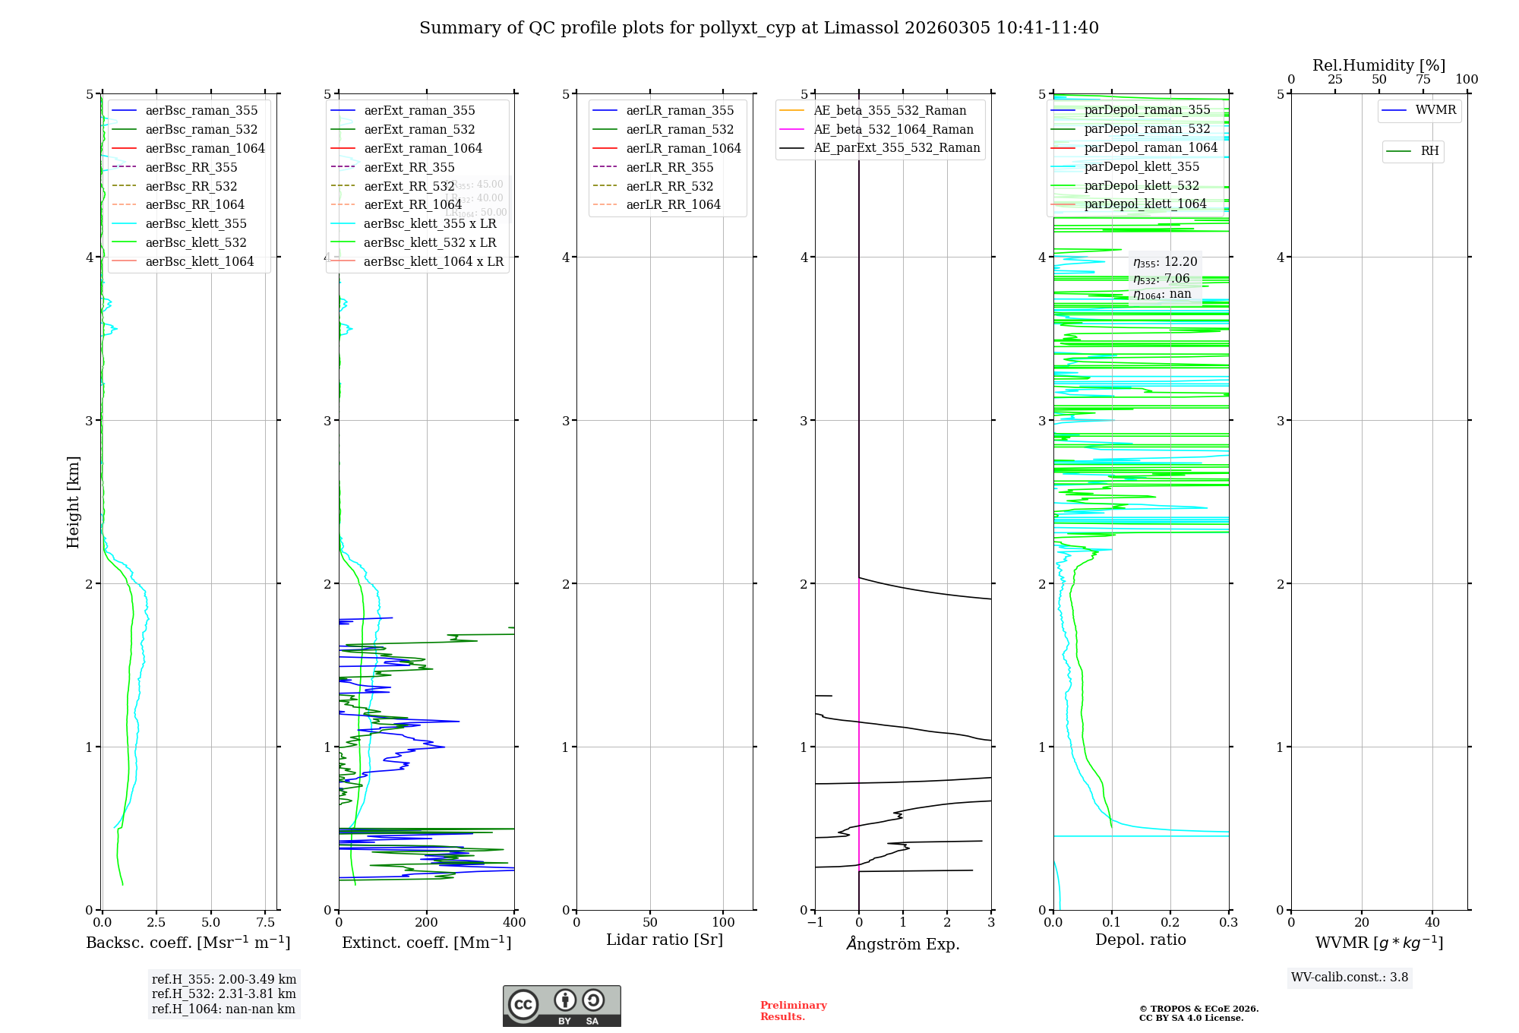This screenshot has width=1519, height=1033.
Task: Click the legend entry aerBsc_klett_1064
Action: point(200,261)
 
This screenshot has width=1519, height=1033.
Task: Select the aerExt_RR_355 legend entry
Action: point(409,167)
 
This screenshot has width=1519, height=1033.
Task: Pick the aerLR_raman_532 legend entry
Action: point(680,129)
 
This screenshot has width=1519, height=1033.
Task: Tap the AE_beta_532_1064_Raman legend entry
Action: point(893,129)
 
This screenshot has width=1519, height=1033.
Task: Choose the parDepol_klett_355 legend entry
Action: point(1142,166)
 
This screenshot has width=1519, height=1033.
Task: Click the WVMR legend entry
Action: point(1435,110)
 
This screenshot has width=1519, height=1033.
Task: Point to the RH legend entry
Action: point(1429,151)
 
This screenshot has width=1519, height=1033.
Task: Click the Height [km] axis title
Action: point(73,502)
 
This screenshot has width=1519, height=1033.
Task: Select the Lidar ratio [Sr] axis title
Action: point(665,940)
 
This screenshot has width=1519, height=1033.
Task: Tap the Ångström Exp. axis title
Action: point(903,943)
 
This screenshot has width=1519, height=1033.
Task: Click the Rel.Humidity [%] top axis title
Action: point(1378,65)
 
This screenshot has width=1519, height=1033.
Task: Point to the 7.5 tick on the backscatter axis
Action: point(265,922)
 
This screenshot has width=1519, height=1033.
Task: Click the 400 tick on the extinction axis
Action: point(514,922)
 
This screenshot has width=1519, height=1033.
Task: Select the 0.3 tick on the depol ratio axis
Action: point(1228,922)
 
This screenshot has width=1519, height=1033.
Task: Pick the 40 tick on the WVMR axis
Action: point(1432,922)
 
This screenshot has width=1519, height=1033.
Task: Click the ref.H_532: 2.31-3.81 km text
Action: point(223,994)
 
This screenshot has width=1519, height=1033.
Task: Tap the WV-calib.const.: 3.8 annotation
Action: point(1350,977)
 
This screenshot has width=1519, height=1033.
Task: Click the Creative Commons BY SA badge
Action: point(561,1006)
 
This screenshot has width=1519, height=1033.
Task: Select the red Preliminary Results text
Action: point(793,1010)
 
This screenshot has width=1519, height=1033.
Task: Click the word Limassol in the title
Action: point(868,28)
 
